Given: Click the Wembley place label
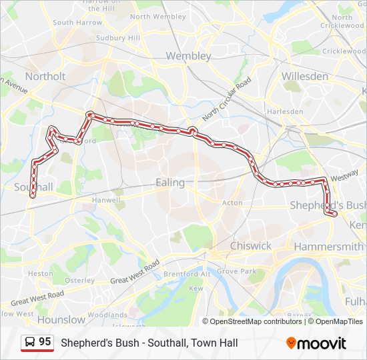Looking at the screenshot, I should [x=188, y=56].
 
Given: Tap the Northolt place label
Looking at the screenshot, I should [x=45, y=76].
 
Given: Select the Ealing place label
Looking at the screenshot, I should [x=169, y=182].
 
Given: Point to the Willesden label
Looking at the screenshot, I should [x=305, y=76].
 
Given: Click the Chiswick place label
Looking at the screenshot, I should [x=250, y=245].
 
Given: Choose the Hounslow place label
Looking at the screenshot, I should [x=61, y=319].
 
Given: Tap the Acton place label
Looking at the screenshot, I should [x=232, y=203].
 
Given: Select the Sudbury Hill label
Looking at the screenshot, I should [x=120, y=38].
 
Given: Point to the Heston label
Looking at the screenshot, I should [x=41, y=273].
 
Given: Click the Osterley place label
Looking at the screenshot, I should [x=80, y=281].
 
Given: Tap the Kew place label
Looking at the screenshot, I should [x=196, y=289].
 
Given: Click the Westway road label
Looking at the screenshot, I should [x=344, y=178].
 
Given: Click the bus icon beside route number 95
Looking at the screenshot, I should [x=30, y=343].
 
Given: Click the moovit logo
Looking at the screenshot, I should [x=316, y=343].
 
